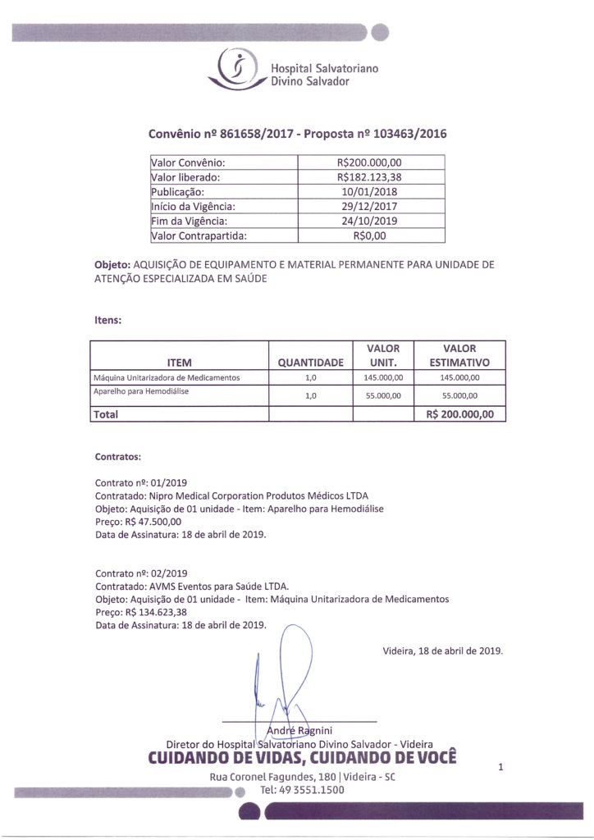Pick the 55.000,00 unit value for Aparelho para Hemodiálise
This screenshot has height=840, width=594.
tap(382, 395)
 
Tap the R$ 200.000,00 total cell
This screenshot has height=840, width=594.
tap(460, 414)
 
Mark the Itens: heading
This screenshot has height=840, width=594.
tap(109, 321)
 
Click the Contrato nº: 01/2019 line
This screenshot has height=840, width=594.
tap(141, 483)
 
